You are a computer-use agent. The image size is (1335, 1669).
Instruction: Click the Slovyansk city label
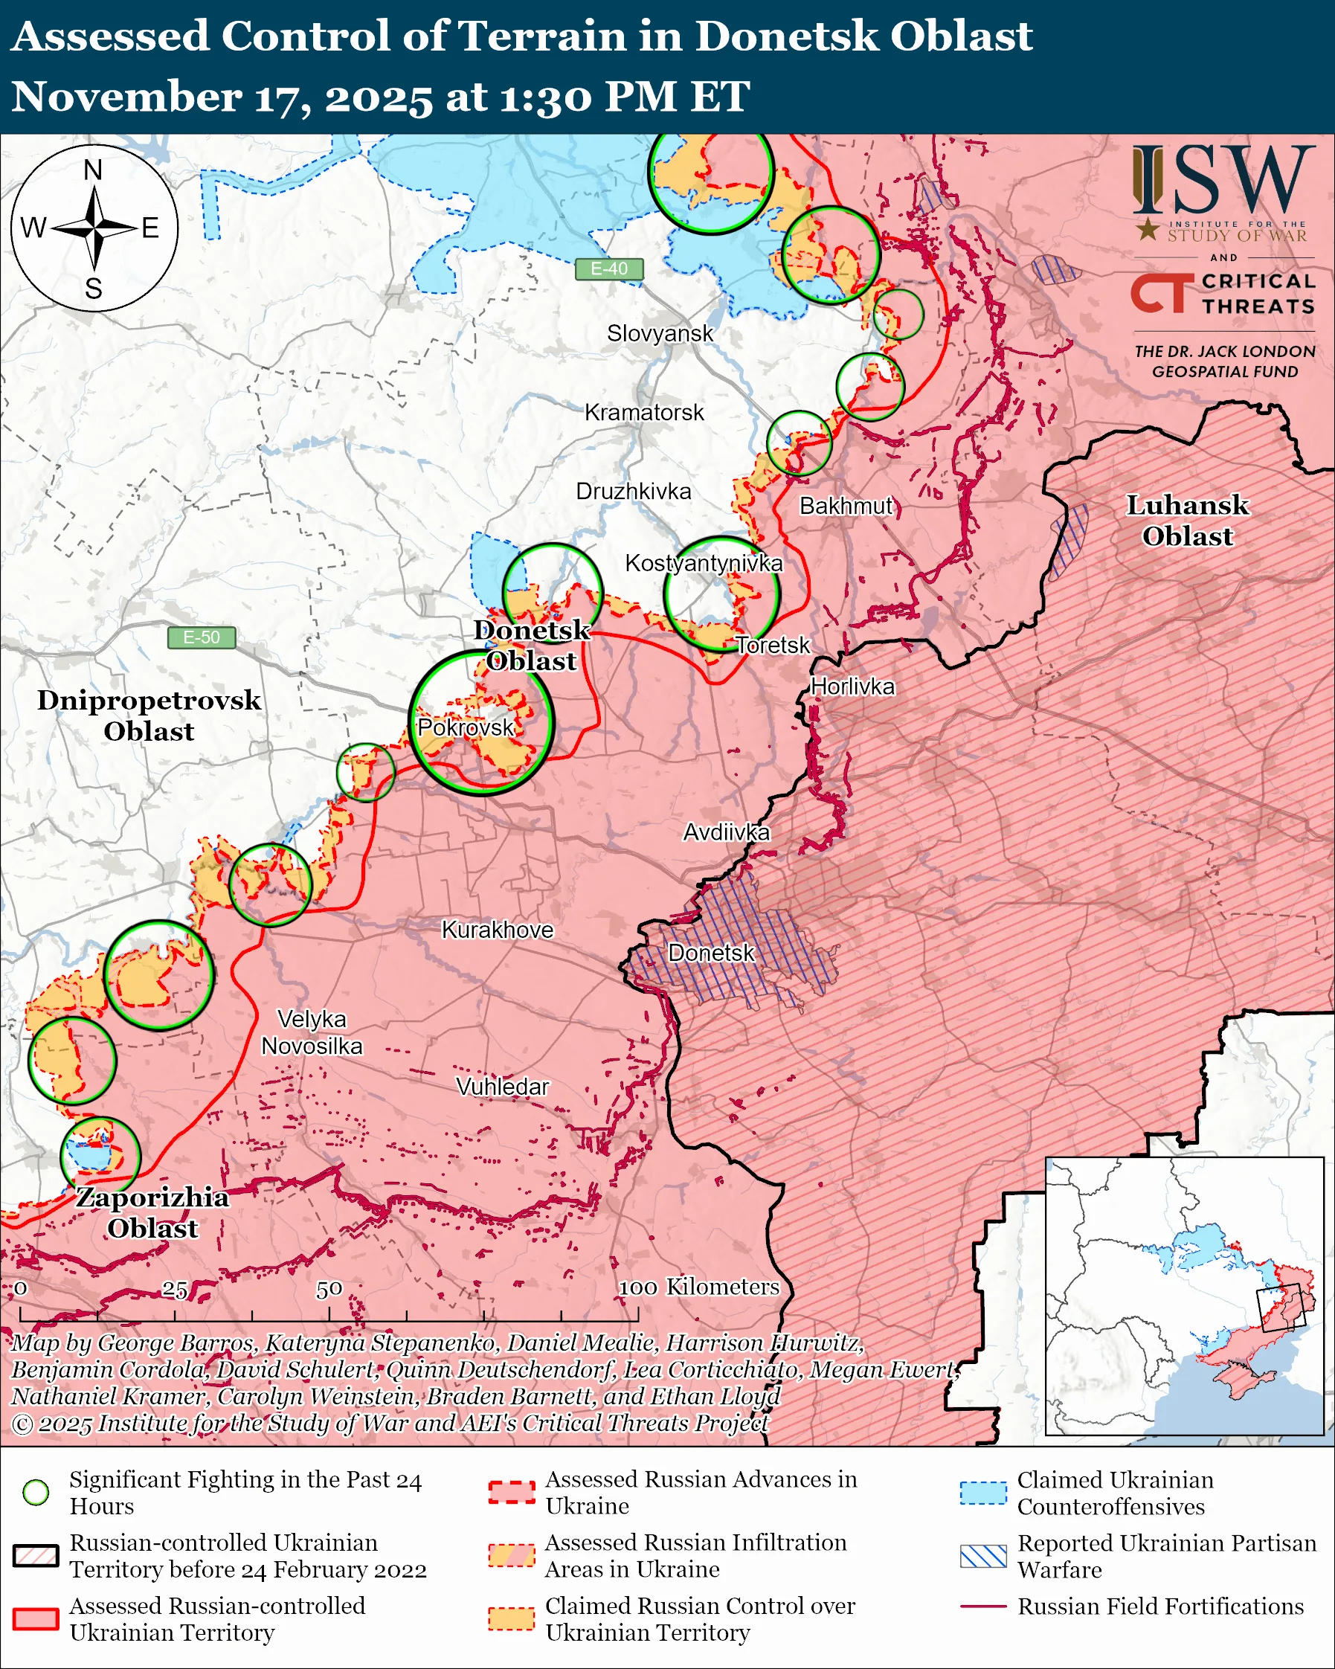660,334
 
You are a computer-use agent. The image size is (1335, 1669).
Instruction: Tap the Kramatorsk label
644,413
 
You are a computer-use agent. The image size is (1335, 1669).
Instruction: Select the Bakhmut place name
846,507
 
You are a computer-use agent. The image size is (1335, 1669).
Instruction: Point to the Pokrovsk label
465,727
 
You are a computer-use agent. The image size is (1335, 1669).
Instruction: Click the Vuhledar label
502,1087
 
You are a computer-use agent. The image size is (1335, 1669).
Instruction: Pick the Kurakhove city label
497,930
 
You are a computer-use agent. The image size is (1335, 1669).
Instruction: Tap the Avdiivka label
726,832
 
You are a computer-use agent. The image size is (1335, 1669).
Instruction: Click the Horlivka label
852,686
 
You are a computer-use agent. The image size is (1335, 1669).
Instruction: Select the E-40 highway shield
609,268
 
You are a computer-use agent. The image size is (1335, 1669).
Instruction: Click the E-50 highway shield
202,638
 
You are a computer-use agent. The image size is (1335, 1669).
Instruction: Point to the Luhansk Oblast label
1187,520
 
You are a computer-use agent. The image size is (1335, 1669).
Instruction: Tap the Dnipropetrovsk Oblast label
149,715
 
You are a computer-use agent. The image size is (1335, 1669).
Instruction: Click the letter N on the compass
93,170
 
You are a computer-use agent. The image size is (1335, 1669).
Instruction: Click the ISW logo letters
1223,181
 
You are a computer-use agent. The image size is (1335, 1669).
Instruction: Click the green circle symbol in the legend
36,1493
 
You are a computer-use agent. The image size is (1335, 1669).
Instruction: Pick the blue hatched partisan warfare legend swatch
983,1556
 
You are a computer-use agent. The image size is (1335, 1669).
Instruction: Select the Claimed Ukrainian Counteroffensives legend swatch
983,1493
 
